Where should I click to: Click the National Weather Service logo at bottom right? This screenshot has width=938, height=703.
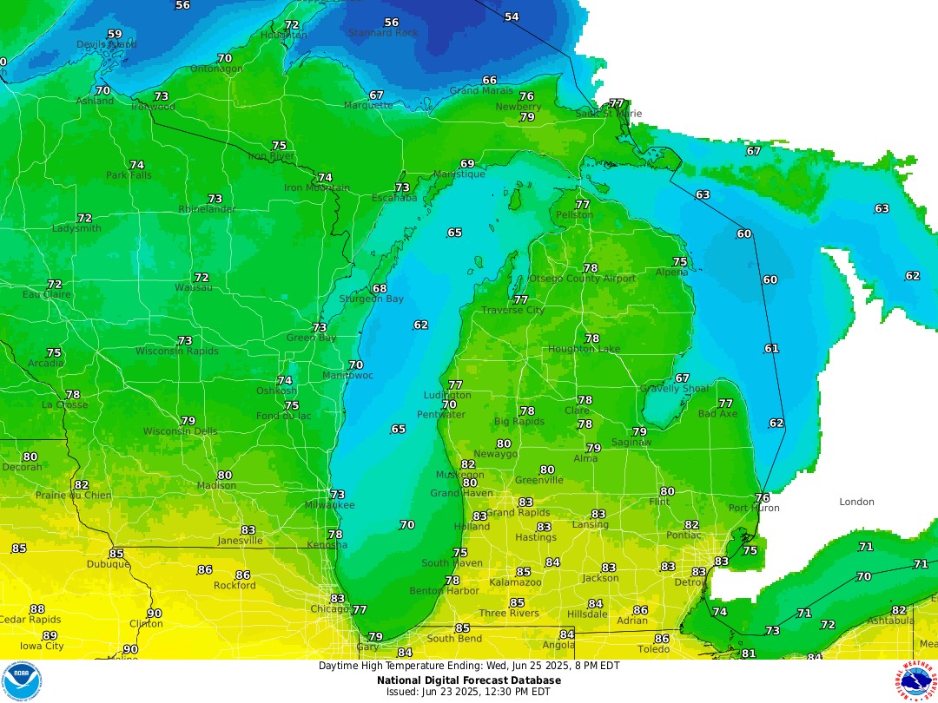point(917,680)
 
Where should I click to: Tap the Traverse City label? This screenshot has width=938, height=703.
point(512,310)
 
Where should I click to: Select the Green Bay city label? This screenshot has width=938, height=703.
point(311,338)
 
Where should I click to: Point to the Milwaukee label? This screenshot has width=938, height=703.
point(329,505)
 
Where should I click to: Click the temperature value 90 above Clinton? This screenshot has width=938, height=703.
point(154,614)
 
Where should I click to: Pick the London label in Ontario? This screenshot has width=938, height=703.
point(856,502)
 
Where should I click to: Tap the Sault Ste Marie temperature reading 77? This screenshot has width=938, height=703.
point(617,103)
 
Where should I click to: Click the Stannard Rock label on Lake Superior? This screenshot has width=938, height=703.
point(383,33)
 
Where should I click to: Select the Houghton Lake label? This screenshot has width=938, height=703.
point(583,349)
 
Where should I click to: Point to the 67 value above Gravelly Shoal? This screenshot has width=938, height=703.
point(682,378)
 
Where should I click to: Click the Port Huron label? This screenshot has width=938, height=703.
point(754,508)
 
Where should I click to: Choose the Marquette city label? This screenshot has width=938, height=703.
point(368,106)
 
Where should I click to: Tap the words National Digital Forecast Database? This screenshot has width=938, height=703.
point(469,680)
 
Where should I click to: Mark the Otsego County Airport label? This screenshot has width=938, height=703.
point(582,279)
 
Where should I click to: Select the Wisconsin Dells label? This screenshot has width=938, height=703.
point(180,431)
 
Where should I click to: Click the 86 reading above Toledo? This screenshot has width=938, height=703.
point(661,639)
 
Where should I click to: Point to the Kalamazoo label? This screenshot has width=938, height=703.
point(516,582)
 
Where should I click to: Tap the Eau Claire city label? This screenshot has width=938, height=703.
point(46,295)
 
